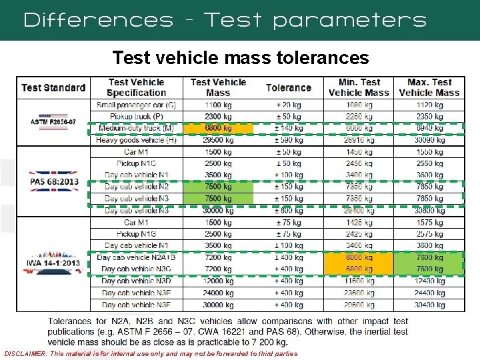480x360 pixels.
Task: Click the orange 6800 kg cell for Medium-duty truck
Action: [218, 128]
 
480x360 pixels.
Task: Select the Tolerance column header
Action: [288, 88]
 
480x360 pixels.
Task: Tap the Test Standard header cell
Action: [53, 88]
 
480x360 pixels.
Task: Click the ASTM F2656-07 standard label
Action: [53, 122]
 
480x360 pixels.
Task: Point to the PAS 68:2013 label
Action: [53, 181]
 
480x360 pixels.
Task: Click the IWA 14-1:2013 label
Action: [53, 263]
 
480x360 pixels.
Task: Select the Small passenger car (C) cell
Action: [136, 105]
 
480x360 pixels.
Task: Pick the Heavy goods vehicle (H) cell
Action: [136, 140]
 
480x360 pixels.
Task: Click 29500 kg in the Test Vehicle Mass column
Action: [218, 140]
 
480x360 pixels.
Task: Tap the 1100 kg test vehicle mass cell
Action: [218, 105]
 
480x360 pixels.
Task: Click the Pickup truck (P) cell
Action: [136, 116]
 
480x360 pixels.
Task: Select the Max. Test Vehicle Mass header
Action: [429, 87]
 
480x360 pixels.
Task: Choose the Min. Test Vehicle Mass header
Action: [359, 87]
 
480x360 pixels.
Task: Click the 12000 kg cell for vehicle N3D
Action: [218, 281]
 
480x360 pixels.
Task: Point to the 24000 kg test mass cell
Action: [218, 293]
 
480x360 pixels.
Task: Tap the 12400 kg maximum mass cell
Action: [429, 281]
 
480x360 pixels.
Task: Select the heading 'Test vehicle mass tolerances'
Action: [240, 59]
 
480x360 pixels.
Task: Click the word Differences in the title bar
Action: [98, 20]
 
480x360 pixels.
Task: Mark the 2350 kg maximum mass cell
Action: [429, 116]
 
